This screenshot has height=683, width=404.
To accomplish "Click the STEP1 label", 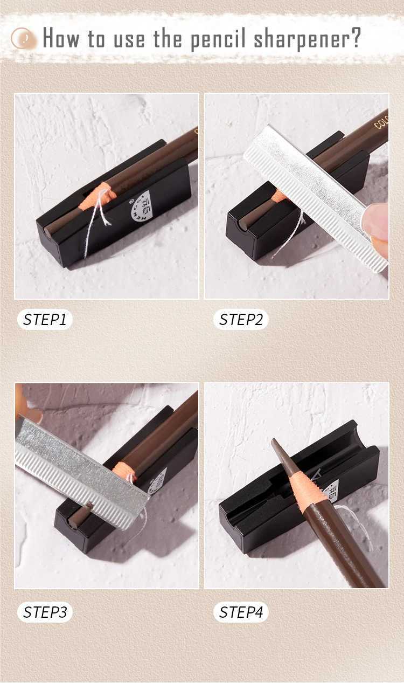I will click(45, 320).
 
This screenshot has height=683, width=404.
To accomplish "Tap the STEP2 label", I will click(241, 320).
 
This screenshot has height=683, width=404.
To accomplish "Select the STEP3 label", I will click(45, 612).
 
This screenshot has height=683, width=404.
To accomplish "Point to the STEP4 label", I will click(241, 612).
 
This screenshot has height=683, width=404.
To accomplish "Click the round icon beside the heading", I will click(24, 39).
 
